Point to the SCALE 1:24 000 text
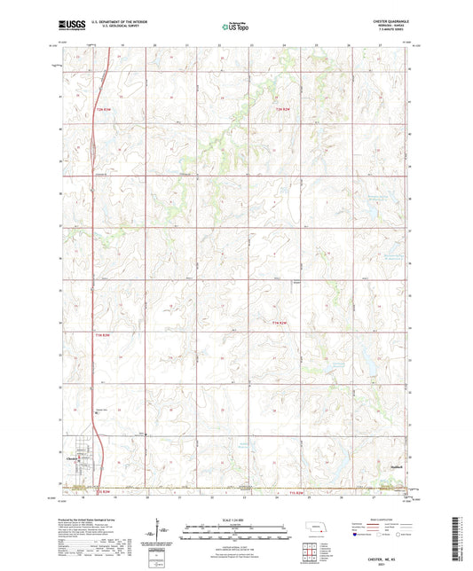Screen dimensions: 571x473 click(x=234, y=519)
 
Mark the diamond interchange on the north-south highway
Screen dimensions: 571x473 click(x=93, y=147)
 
